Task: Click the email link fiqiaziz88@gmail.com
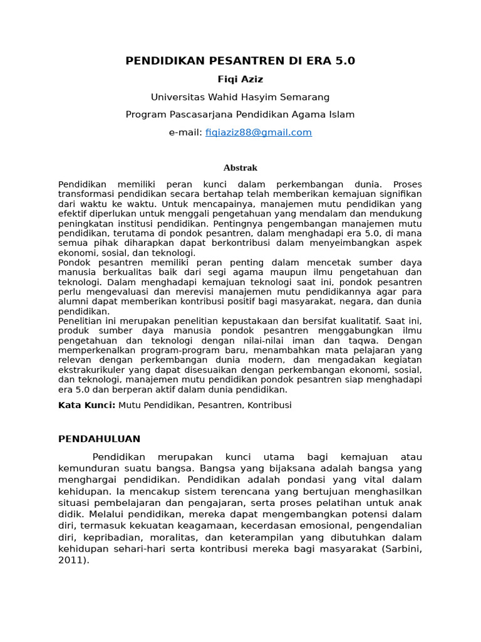tap(258, 132)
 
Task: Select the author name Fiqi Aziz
tap(240, 79)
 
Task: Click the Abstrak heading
tap(240, 167)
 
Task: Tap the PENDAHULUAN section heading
tap(99, 439)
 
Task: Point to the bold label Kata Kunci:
tap(87, 405)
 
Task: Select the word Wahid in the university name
tap(224, 97)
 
